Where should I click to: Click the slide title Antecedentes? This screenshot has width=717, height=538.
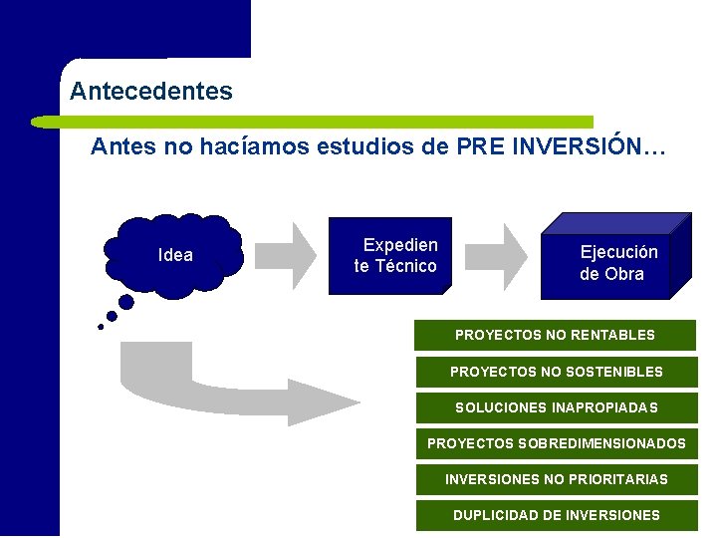click(x=151, y=92)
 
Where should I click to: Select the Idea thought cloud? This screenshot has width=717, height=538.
click(x=175, y=255)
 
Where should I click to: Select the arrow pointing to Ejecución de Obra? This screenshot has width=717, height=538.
click(x=500, y=255)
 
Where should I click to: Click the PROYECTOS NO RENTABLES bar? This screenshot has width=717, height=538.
click(x=555, y=335)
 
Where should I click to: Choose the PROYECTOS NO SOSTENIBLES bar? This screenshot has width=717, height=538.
click(x=556, y=372)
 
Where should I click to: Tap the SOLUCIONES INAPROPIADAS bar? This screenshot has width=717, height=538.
click(x=556, y=407)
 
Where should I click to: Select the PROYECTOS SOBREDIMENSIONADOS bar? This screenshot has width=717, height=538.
click(x=556, y=443)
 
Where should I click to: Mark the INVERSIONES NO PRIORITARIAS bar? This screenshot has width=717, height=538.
click(x=556, y=479)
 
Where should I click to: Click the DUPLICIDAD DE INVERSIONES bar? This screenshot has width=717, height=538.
click(x=556, y=515)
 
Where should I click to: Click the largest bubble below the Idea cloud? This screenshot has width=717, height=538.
click(x=126, y=301)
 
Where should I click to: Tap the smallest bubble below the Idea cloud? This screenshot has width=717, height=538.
click(x=100, y=327)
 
